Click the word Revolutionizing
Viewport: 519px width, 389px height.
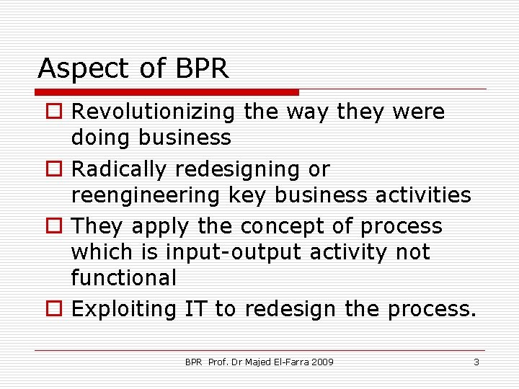154,112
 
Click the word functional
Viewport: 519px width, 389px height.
123,277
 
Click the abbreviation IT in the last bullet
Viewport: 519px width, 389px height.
195,310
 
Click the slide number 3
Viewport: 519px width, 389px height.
476,362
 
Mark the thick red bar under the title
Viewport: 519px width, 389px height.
167,92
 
